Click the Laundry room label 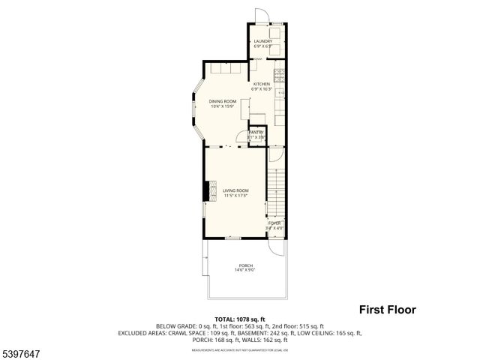(x=262, y=41)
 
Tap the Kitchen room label (x=261, y=83)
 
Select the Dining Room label (x=223, y=101)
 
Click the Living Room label (x=235, y=190)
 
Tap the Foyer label (x=274, y=223)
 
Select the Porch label (x=245, y=266)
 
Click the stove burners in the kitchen (x=279, y=75)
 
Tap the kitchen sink (x=280, y=93)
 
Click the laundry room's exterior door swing (x=259, y=16)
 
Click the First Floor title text (x=386, y=309)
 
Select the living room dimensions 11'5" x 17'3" (x=235, y=196)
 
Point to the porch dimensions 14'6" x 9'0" (x=245, y=271)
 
